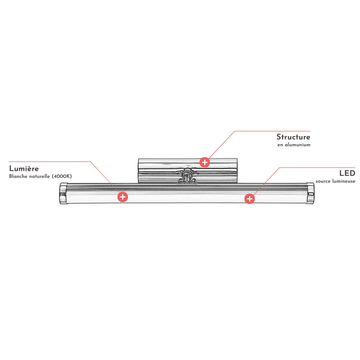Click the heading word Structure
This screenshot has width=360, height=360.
[x=293, y=137]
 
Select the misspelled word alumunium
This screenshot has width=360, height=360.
[x=298, y=145]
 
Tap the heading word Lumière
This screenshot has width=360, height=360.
[x=24, y=169]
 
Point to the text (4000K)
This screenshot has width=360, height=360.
[x=62, y=176]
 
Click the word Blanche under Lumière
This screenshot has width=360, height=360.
[x=18, y=176]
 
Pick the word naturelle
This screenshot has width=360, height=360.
[x=39, y=176]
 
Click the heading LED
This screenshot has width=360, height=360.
[x=347, y=173]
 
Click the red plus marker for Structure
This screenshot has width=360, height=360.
[x=205, y=162]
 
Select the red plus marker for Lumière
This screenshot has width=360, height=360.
[x=123, y=197]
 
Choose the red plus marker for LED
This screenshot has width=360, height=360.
[x=250, y=199]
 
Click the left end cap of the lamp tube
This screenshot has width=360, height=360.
[x=63, y=193]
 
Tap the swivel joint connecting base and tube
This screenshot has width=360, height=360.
[x=187, y=176]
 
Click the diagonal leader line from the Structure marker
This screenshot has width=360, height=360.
[x=222, y=145]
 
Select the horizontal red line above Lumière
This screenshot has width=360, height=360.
[x=50, y=162]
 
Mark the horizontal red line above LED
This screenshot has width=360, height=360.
[x=317, y=168]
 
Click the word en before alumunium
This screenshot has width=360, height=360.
[x=280, y=145]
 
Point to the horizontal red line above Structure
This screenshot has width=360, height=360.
[x=272, y=131]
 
